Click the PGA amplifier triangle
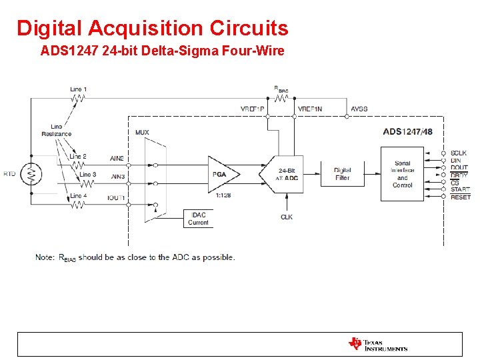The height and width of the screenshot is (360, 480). (221, 174)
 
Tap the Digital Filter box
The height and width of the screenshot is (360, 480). (342, 174)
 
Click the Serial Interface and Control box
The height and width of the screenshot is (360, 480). (402, 174)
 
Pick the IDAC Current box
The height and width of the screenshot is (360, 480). (198, 219)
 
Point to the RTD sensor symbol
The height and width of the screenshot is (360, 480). (31, 174)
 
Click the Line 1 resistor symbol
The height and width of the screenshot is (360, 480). (78, 99)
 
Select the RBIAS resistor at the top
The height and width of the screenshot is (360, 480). (281, 99)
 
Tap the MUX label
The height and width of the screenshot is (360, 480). (142, 132)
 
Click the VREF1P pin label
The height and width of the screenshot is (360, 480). (253, 109)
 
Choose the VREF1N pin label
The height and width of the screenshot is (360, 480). (309, 109)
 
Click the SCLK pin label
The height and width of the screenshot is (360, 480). (459, 153)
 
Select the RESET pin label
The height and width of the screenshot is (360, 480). (460, 197)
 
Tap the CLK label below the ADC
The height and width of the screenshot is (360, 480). (287, 217)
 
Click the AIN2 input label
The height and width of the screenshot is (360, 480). (117, 159)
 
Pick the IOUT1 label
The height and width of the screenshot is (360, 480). (117, 199)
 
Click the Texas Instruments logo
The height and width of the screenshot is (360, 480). (377, 344)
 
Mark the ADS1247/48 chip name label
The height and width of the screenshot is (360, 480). (407, 131)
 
